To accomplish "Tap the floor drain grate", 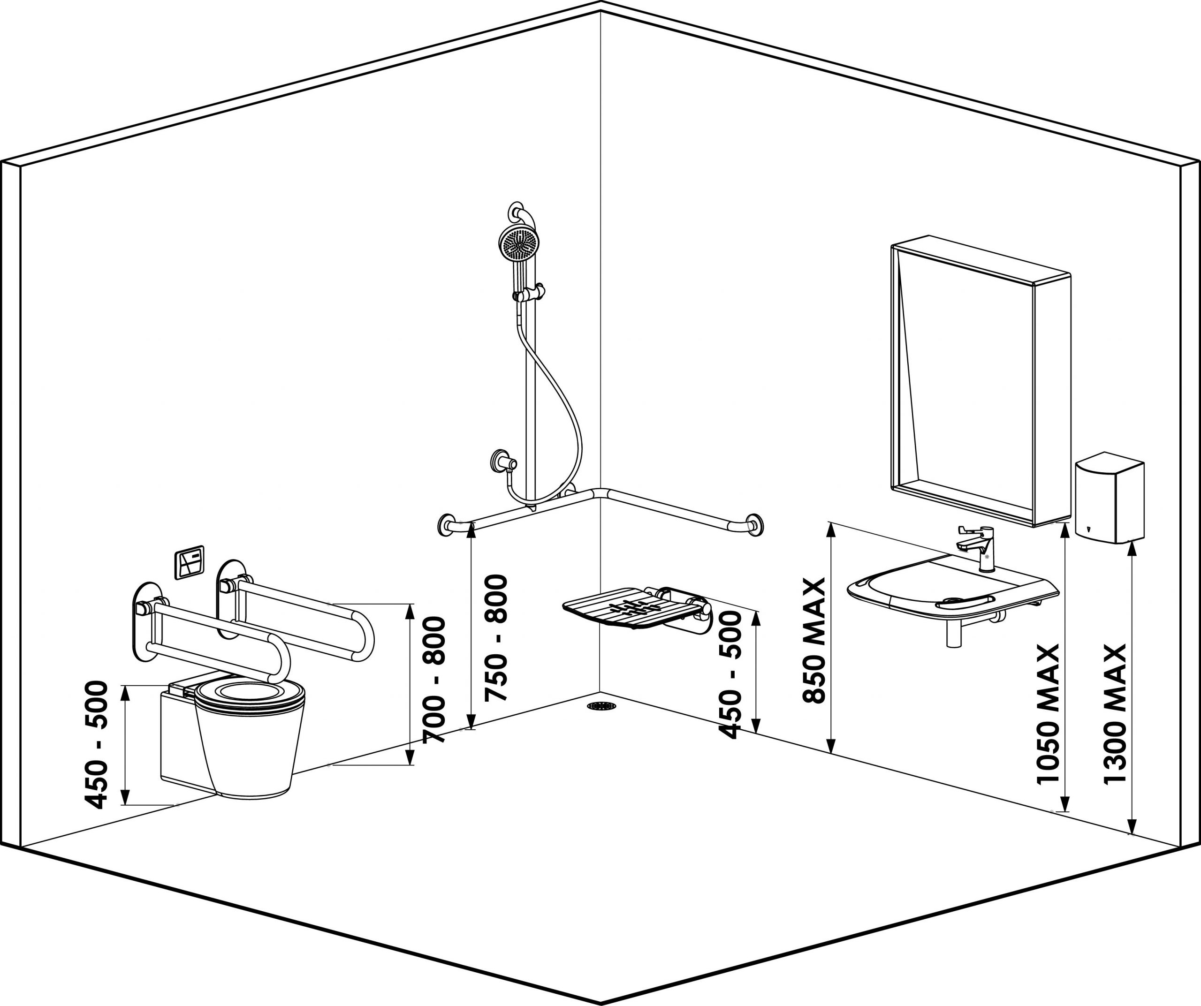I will click(x=601, y=706).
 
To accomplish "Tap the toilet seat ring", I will click(x=250, y=696).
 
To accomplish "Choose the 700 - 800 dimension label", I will click(x=434, y=680).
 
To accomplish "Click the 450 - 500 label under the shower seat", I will click(x=730, y=676).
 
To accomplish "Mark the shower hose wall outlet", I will click(x=502, y=460).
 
